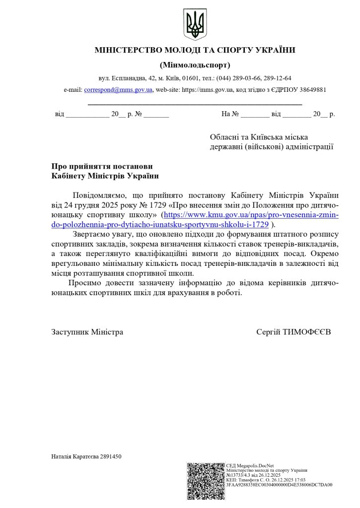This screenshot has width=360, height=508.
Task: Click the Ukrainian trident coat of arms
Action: click(195, 24)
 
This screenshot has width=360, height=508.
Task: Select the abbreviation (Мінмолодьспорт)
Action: click(195, 65)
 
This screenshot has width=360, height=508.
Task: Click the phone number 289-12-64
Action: click(277, 78)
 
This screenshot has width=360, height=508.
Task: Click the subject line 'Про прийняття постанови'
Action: click(102, 166)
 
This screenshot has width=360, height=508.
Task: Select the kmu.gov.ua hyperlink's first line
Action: click(251, 215)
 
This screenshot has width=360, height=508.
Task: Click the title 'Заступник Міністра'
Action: click(87, 331)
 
